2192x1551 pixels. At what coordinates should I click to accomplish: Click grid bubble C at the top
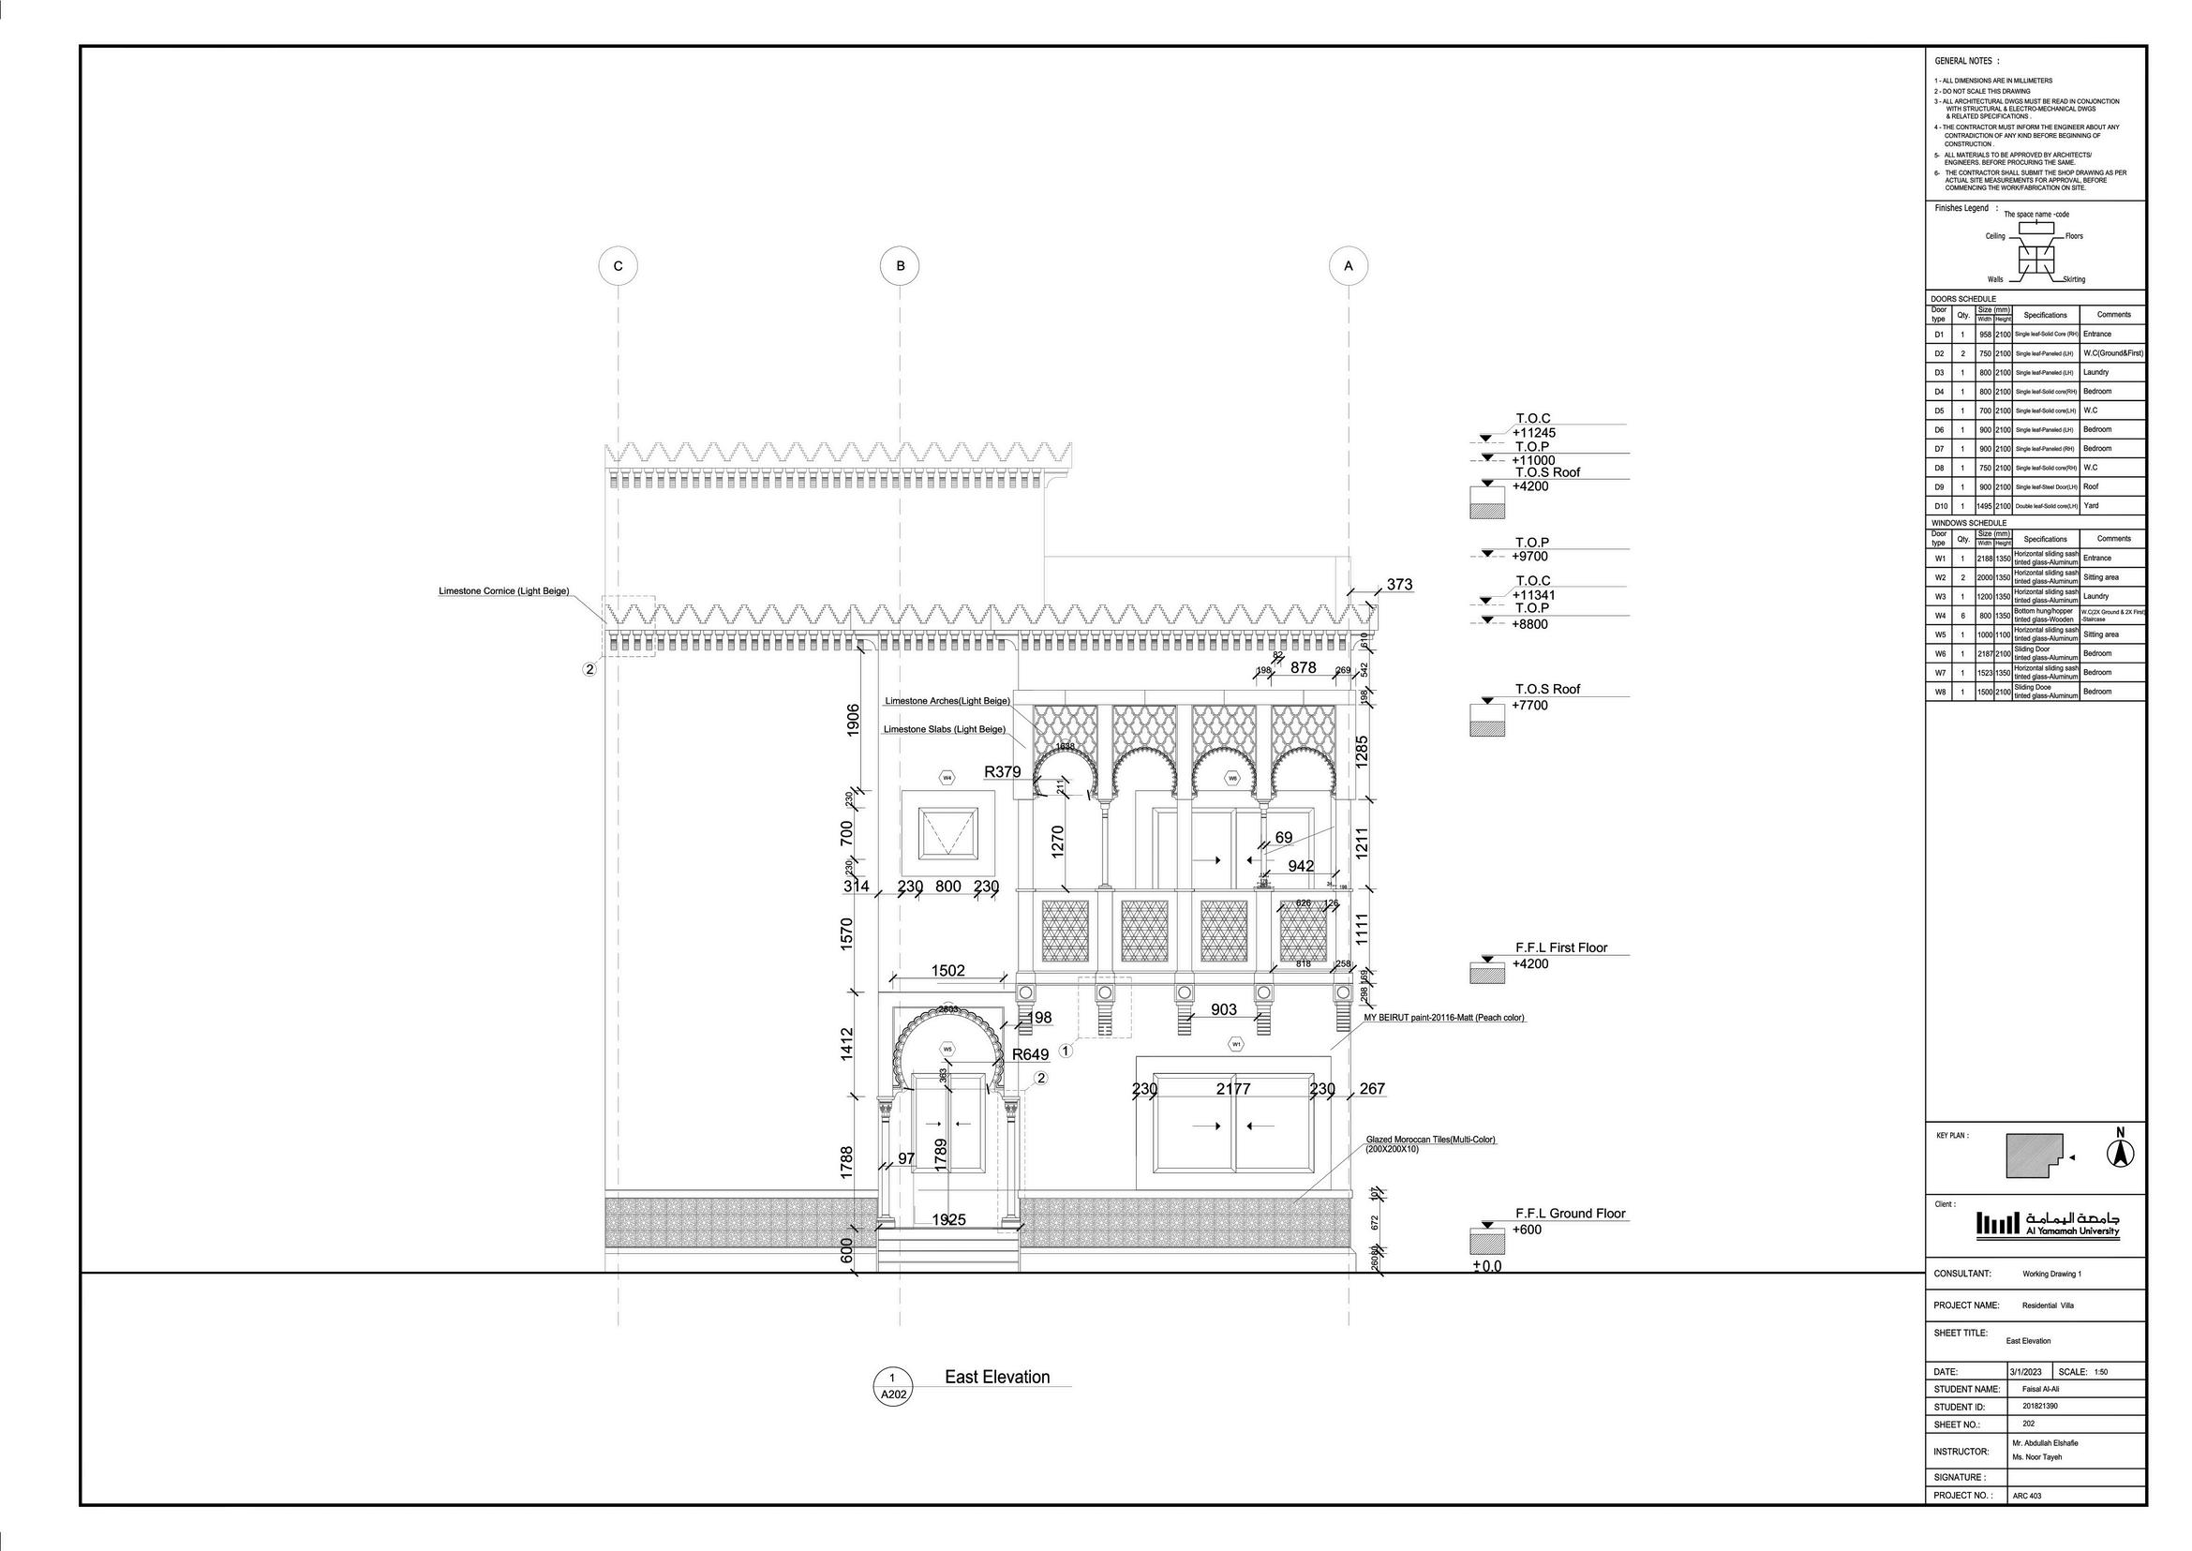click(618, 266)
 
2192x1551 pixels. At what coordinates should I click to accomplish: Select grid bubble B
click(900, 266)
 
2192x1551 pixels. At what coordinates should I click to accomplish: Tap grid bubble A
click(1348, 266)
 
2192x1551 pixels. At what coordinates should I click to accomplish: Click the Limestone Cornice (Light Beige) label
click(503, 591)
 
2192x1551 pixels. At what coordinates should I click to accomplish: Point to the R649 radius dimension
click(1030, 1054)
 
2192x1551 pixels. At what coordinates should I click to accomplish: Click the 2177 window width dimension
click(1233, 1089)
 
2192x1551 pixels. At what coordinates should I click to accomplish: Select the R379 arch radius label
click(1002, 771)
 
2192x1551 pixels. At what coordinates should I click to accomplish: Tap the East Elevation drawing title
click(996, 1378)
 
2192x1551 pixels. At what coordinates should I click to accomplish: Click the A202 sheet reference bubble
click(893, 1395)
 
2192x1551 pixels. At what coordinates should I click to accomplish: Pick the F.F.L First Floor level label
click(1574, 948)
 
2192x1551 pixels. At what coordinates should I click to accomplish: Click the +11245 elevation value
click(1534, 433)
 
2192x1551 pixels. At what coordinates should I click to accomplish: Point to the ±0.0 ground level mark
click(1487, 1266)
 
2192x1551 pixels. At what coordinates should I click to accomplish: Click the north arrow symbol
click(2121, 1154)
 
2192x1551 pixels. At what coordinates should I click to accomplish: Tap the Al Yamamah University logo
click(2047, 1223)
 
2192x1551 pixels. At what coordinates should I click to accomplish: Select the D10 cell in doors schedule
click(1941, 506)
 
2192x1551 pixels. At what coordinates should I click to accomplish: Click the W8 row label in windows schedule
click(1940, 692)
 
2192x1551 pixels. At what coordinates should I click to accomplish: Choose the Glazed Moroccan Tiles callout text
click(1430, 1141)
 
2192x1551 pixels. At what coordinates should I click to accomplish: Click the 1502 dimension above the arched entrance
click(947, 970)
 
